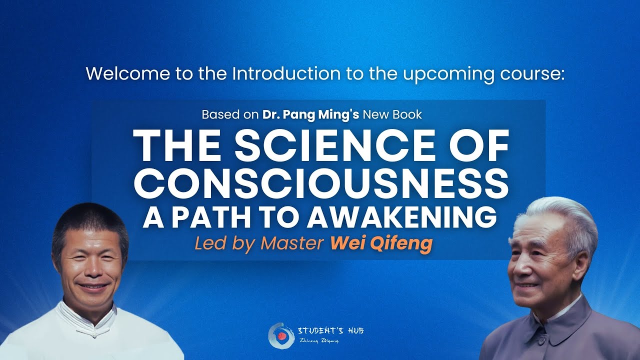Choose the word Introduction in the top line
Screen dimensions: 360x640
tap(286, 73)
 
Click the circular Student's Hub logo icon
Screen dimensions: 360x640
tap(280, 335)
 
